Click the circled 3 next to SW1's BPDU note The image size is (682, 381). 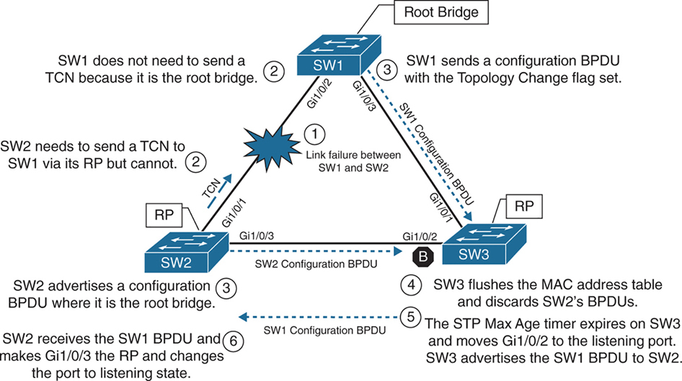pyautogui.click(x=387, y=70)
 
